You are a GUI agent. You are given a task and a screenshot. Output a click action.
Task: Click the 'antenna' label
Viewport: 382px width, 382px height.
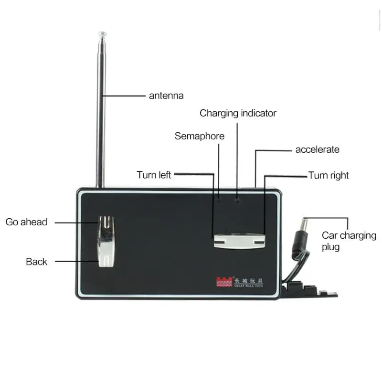coord(166,95)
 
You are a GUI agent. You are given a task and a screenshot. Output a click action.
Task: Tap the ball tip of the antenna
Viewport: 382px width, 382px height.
coord(102,34)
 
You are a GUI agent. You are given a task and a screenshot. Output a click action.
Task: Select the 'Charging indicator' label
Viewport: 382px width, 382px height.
coord(238,113)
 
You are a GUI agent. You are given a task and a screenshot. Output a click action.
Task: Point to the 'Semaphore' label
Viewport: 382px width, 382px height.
coord(199,136)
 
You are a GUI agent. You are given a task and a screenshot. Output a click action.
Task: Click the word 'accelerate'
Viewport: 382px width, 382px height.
coord(317,149)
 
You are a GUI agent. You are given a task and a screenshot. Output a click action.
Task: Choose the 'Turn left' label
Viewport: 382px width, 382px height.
coord(154,175)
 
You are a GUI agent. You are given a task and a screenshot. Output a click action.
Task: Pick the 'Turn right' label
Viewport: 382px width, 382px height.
coord(329,175)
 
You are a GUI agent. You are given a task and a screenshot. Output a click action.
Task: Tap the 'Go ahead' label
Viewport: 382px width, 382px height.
coord(27,222)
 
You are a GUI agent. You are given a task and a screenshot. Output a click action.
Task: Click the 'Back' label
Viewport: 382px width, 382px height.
coord(37,262)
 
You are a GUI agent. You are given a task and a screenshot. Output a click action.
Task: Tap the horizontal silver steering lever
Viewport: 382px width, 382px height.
coord(239,240)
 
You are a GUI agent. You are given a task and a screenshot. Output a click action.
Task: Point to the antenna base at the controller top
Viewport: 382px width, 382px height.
coord(100,184)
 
